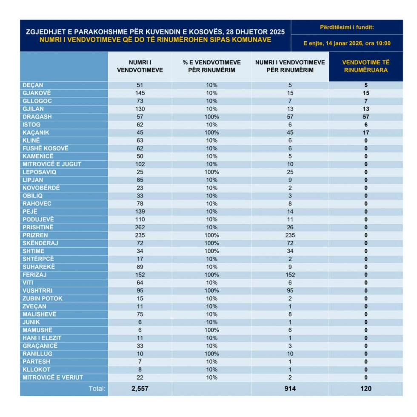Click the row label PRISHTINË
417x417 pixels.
pyautogui.click(x=38, y=227)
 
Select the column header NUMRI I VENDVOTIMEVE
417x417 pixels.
pyautogui.click(x=140, y=66)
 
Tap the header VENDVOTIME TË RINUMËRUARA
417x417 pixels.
pyautogui.click(x=366, y=66)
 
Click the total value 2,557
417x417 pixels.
pyautogui.click(x=140, y=388)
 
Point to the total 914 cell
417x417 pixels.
pyautogui.click(x=290, y=388)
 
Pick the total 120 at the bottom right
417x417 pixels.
pyautogui.click(x=366, y=388)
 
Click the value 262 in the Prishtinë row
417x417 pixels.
pyautogui.click(x=140, y=227)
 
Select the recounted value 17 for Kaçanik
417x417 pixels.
pyautogui.click(x=366, y=132)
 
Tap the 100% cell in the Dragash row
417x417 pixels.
pyautogui.click(x=211, y=117)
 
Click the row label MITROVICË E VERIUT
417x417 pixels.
pyautogui.click(x=53, y=377)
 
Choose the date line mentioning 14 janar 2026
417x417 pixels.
pyautogui.click(x=347, y=43)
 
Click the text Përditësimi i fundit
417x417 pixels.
pyautogui.click(x=347, y=27)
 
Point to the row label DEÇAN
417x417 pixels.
pyautogui.click(x=33, y=85)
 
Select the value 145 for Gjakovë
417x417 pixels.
pyautogui.click(x=140, y=93)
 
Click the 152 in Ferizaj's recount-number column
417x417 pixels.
pyautogui.click(x=290, y=274)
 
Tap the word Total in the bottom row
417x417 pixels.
pyautogui.click(x=97, y=388)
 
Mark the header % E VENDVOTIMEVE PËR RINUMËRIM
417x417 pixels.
pyautogui.click(x=211, y=66)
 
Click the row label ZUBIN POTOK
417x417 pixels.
pyautogui.click(x=43, y=298)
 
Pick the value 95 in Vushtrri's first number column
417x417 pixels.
pyautogui.click(x=140, y=291)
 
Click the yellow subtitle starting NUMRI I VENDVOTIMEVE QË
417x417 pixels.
pyautogui.click(x=155, y=40)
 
